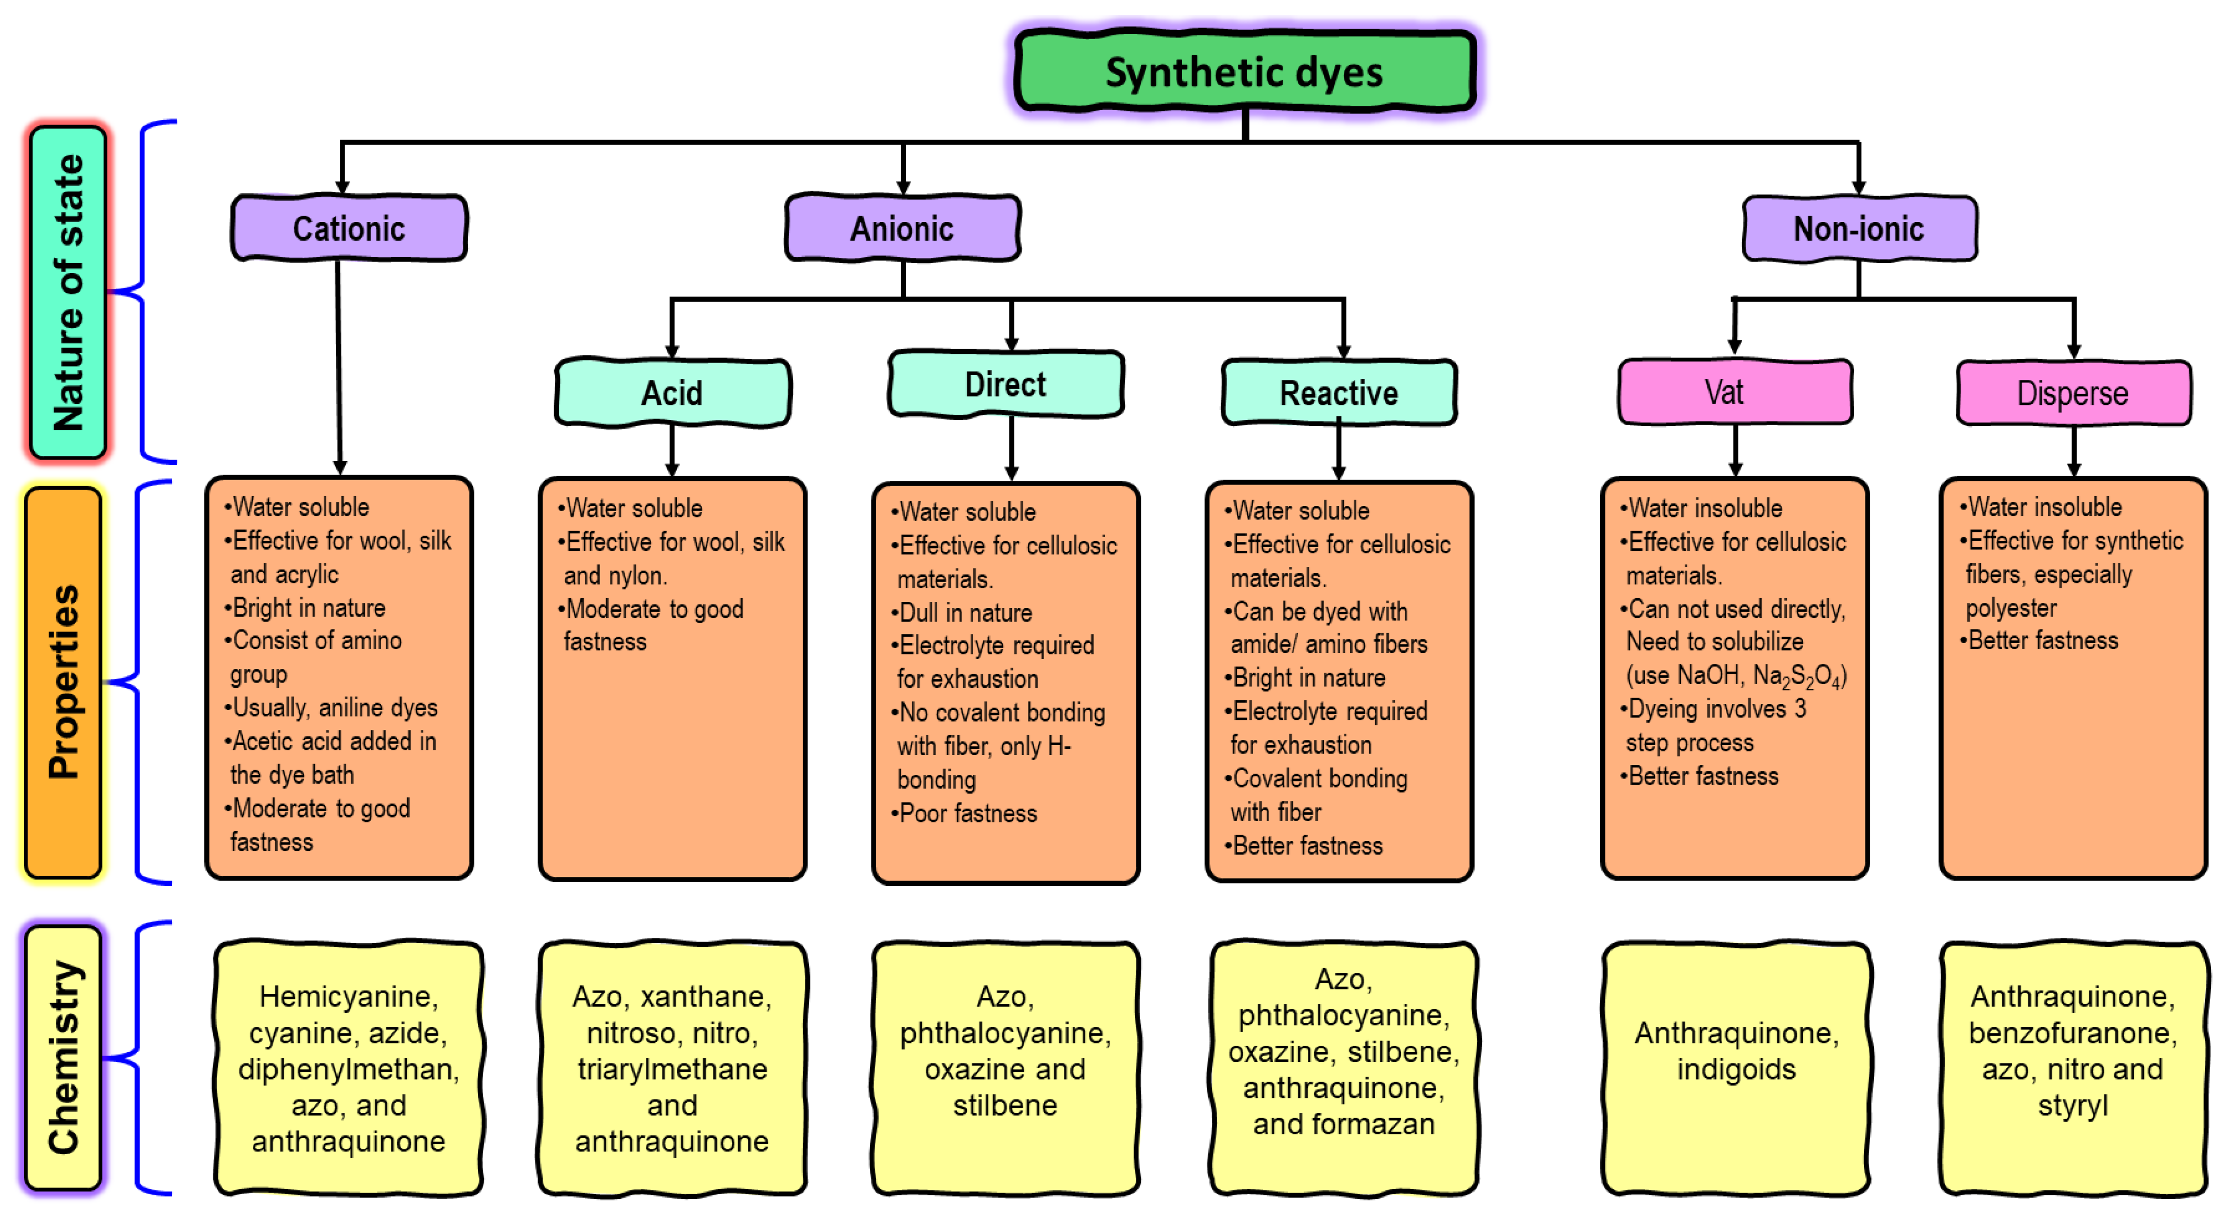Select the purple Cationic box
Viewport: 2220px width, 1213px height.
(x=349, y=228)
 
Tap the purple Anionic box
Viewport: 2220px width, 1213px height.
(x=902, y=228)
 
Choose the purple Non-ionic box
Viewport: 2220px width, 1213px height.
(x=1859, y=228)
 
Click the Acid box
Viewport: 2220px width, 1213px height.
(x=672, y=393)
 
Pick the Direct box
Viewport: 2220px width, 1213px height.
(x=1005, y=384)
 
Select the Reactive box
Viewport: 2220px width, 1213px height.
(x=1339, y=393)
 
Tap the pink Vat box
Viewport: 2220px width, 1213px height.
(x=1734, y=393)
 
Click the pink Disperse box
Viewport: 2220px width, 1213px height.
(x=2072, y=393)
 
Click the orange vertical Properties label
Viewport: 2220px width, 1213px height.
(x=64, y=683)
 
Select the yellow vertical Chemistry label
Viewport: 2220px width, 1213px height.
(x=64, y=1058)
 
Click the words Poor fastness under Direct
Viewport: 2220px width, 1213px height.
(x=968, y=813)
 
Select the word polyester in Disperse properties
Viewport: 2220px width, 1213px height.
(x=2010, y=608)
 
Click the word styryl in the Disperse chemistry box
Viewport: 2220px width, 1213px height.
(x=2072, y=1105)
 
